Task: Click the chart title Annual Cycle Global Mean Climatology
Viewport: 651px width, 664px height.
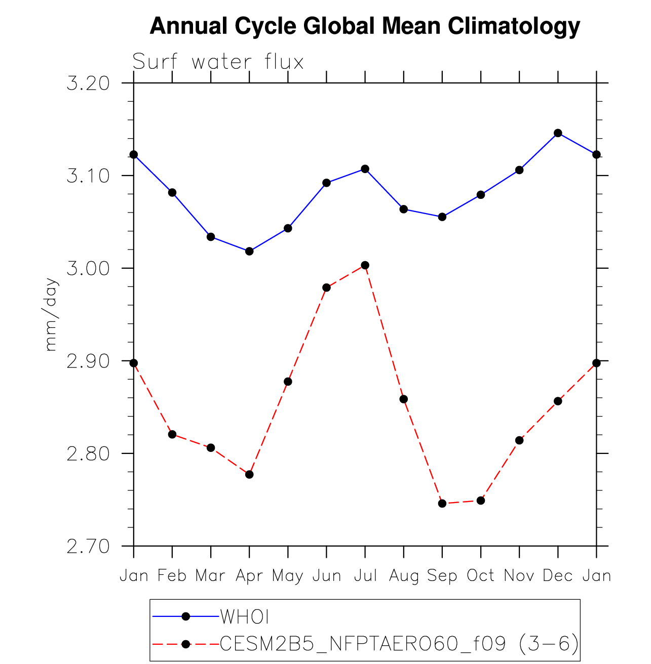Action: [365, 26]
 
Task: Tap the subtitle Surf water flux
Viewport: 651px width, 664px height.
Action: [218, 61]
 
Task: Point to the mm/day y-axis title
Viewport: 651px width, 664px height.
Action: [51, 315]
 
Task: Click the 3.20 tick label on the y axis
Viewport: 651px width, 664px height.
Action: [88, 84]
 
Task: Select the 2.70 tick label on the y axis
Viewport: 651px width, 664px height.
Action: [88, 547]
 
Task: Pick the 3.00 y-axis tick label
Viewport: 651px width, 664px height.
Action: [88, 268]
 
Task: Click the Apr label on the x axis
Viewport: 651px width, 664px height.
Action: [249, 576]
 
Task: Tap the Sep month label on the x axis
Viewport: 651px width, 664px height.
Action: [442, 576]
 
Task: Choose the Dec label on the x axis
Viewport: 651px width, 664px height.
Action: [557, 575]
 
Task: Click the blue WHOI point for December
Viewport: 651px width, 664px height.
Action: [558, 133]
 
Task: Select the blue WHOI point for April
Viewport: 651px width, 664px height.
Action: [249, 251]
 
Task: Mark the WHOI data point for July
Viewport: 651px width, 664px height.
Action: [365, 169]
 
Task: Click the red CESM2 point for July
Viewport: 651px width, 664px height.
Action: [365, 265]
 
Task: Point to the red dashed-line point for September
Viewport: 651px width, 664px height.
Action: [442, 504]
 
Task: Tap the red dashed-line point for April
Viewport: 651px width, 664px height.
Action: [249, 475]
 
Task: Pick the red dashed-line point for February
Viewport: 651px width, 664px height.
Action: [172, 434]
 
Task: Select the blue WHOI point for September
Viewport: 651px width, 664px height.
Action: [442, 217]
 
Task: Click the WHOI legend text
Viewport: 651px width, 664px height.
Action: [244, 616]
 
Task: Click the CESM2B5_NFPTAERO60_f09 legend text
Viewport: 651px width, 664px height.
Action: [363, 643]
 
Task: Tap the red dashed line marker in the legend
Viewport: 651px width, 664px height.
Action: [186, 644]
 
